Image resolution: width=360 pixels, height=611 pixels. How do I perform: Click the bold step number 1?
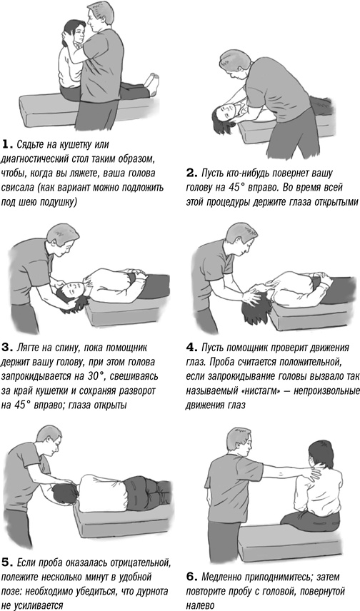pyautogui.click(x=6, y=145)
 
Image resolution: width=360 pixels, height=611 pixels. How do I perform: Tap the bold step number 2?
pyautogui.click(x=191, y=173)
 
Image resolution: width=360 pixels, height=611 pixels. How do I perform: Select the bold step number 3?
pyautogui.click(x=6, y=347)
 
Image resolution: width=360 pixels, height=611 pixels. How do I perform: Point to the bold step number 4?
pyautogui.click(x=191, y=347)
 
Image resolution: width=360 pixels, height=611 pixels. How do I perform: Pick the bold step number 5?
pyautogui.click(x=6, y=562)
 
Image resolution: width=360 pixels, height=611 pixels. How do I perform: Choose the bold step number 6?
pyautogui.click(x=191, y=576)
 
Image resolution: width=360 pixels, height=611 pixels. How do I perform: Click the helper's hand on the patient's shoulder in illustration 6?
pyautogui.click(x=314, y=472)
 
